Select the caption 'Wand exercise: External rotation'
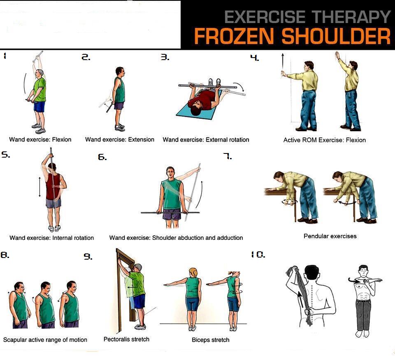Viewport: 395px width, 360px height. (206, 140)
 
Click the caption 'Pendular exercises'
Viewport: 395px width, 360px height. (330, 236)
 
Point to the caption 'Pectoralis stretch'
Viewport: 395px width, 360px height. (126, 339)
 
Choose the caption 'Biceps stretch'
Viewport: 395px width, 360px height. (211, 340)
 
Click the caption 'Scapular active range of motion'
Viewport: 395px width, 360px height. (45, 340)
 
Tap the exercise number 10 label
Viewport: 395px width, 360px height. (258, 255)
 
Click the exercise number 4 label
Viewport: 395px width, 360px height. (255, 58)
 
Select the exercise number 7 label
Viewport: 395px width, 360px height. (228, 157)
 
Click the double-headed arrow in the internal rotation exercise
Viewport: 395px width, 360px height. (39, 187)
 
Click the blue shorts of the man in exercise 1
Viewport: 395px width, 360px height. (39, 107)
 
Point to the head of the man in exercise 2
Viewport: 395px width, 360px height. (119, 71)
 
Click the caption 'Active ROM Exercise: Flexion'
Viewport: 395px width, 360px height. (324, 140)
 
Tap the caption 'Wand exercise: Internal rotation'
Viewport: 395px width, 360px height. (52, 238)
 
